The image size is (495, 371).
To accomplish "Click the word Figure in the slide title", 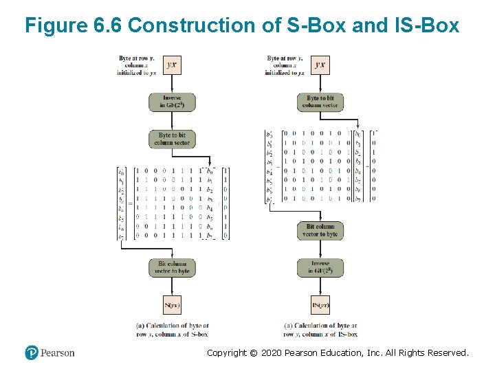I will click(x=55, y=26).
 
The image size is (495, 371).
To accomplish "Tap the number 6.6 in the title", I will click(x=107, y=26).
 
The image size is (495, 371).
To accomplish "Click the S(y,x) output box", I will click(x=172, y=304).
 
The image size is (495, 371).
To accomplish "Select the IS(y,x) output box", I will click(x=320, y=304).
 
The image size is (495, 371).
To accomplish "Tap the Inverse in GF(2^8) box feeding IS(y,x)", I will click(x=320, y=267).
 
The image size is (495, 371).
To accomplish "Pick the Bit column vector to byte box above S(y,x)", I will click(x=172, y=267).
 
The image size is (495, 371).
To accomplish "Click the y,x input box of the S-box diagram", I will click(x=172, y=65).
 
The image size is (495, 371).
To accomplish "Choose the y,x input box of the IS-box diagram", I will click(x=320, y=65).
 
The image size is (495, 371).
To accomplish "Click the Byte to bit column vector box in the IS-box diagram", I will click(x=320, y=102).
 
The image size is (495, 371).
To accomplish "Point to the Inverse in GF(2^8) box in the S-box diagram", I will click(x=172, y=102).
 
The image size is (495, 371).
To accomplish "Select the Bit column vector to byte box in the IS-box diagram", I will click(x=320, y=230).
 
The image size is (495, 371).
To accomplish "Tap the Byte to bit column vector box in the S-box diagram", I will click(x=172, y=139).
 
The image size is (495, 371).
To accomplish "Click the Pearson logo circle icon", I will click(x=32, y=352).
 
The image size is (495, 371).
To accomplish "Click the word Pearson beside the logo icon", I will click(x=57, y=353).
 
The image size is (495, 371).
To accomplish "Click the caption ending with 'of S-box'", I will click(x=173, y=330).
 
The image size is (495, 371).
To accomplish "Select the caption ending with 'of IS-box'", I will click(x=320, y=330).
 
